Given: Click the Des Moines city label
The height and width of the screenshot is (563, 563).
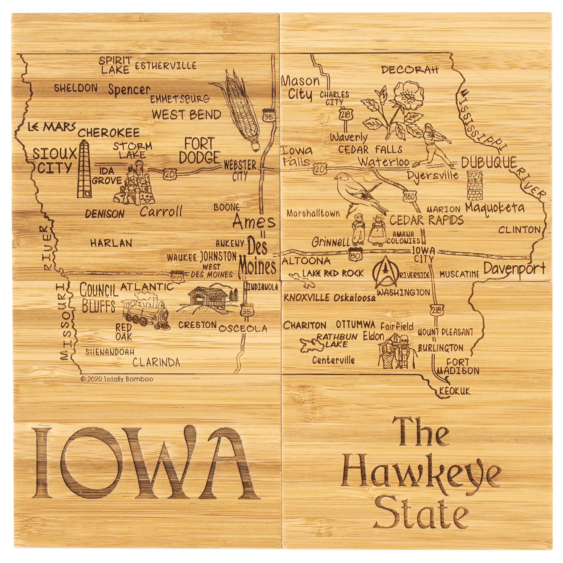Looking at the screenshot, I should click(x=258, y=257).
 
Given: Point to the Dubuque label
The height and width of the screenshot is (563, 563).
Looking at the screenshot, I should click(x=489, y=163).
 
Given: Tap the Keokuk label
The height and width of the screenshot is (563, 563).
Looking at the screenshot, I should click(x=455, y=391).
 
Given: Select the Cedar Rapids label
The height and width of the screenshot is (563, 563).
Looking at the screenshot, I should click(x=426, y=220).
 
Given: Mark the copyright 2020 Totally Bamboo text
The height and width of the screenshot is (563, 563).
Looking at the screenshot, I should click(x=117, y=379).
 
